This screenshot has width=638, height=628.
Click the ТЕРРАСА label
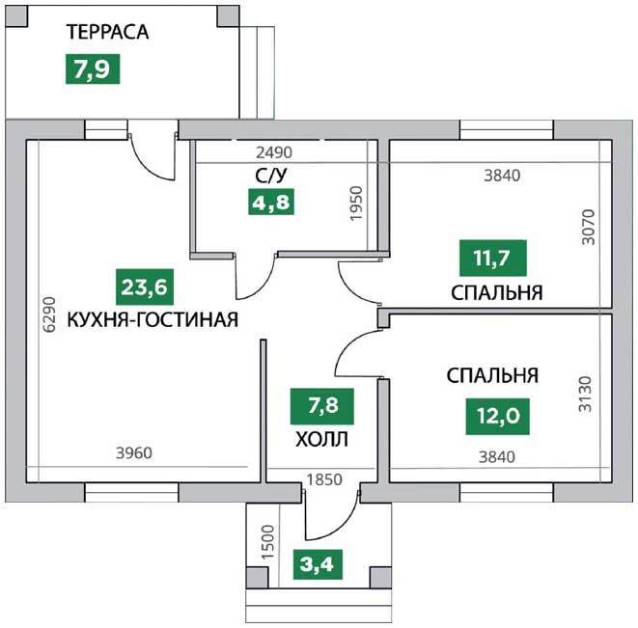[108, 32]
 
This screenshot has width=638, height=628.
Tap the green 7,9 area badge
[93, 68]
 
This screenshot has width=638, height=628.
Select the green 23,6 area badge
[145, 287]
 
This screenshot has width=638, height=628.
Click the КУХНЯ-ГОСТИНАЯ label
[153, 319]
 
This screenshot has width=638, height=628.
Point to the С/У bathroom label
[271, 176]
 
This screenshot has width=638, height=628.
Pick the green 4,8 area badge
[271, 202]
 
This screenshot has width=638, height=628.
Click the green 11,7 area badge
[493, 258]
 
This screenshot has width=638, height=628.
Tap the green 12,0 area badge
[498, 416]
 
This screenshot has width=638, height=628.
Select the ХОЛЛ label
[321, 440]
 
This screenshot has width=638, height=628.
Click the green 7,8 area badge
[321, 406]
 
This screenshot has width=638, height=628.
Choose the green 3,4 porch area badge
[318, 564]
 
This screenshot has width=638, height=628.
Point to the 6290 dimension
[49, 314]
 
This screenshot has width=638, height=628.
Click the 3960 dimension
[134, 452]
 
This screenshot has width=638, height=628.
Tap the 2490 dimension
[274, 152]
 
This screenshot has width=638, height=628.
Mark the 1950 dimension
[356, 204]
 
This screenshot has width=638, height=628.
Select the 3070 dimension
[588, 227]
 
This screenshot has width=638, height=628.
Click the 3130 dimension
[585, 395]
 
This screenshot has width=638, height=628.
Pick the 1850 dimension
[324, 480]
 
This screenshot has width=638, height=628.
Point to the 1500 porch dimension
[268, 542]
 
